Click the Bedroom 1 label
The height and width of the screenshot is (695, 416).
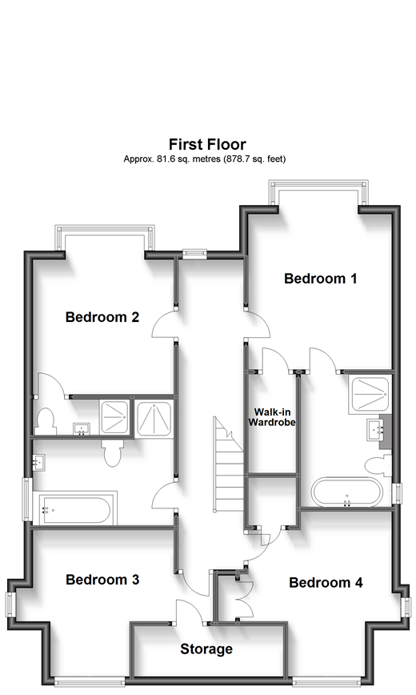[x=320, y=279]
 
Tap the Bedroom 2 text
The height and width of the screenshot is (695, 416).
[x=102, y=317]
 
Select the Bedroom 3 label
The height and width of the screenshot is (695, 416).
[x=102, y=579]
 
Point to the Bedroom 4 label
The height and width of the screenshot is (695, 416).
[x=331, y=582]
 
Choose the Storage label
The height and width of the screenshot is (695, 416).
[x=206, y=649]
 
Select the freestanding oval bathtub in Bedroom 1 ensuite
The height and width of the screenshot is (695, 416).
[x=346, y=492]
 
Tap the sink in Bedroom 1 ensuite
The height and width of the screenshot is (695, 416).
[x=376, y=431]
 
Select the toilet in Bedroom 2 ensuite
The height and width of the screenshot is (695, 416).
[x=47, y=419]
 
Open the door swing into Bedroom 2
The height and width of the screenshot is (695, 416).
[x=163, y=327]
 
